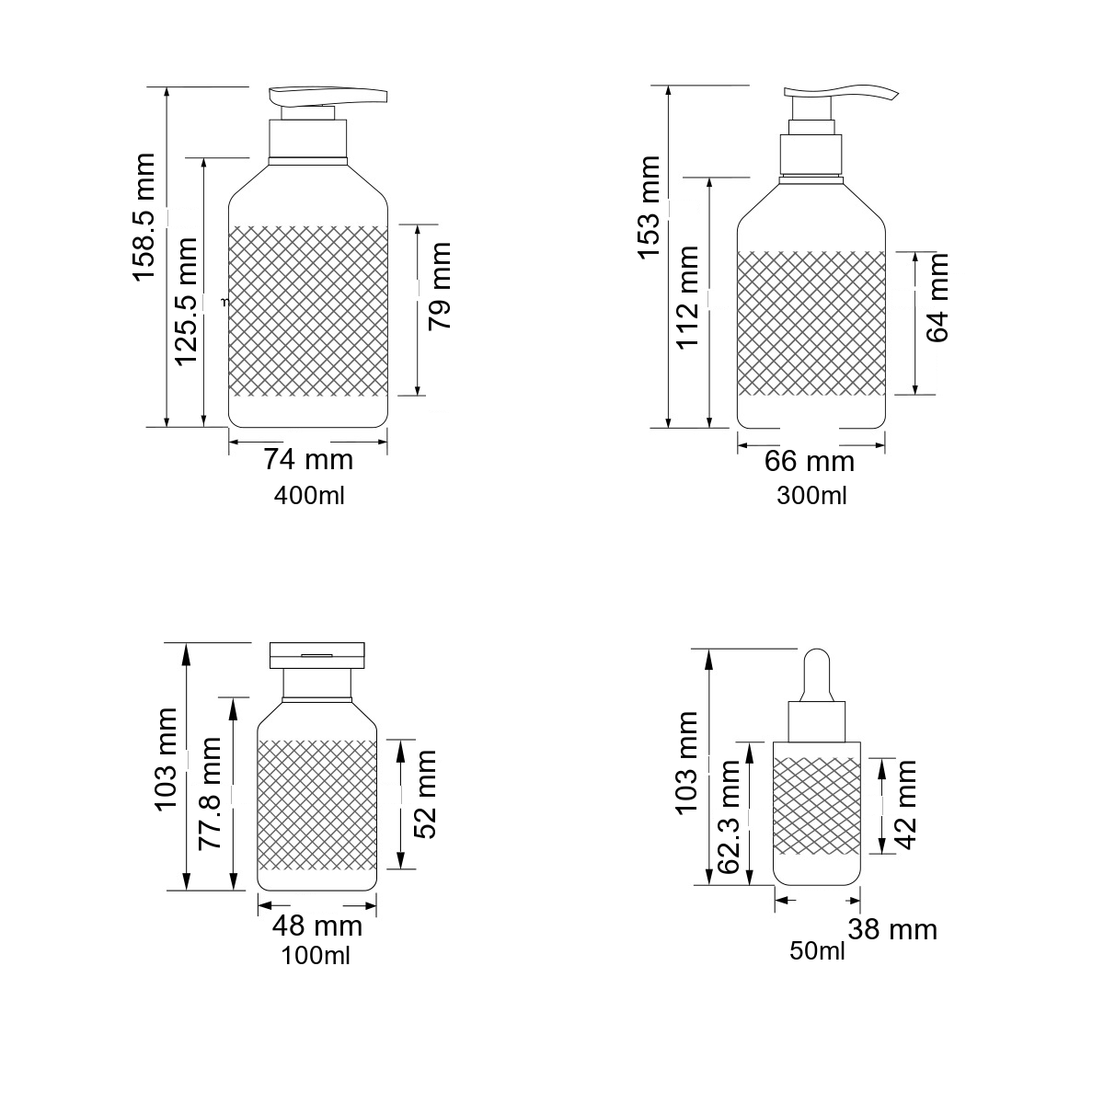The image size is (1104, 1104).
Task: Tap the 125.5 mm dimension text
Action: pos(186,302)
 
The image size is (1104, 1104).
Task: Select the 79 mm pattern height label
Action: pos(440,286)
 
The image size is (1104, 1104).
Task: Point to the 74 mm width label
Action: pos(308,459)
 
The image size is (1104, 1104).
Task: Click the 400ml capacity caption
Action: pos(309,496)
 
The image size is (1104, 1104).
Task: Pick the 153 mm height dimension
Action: pos(650,207)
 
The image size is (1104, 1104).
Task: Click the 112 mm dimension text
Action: pos(687,297)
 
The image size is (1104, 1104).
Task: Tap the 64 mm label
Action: pos(937,298)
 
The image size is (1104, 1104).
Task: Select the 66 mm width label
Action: pos(810,461)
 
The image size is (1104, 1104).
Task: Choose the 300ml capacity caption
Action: pos(811,496)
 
